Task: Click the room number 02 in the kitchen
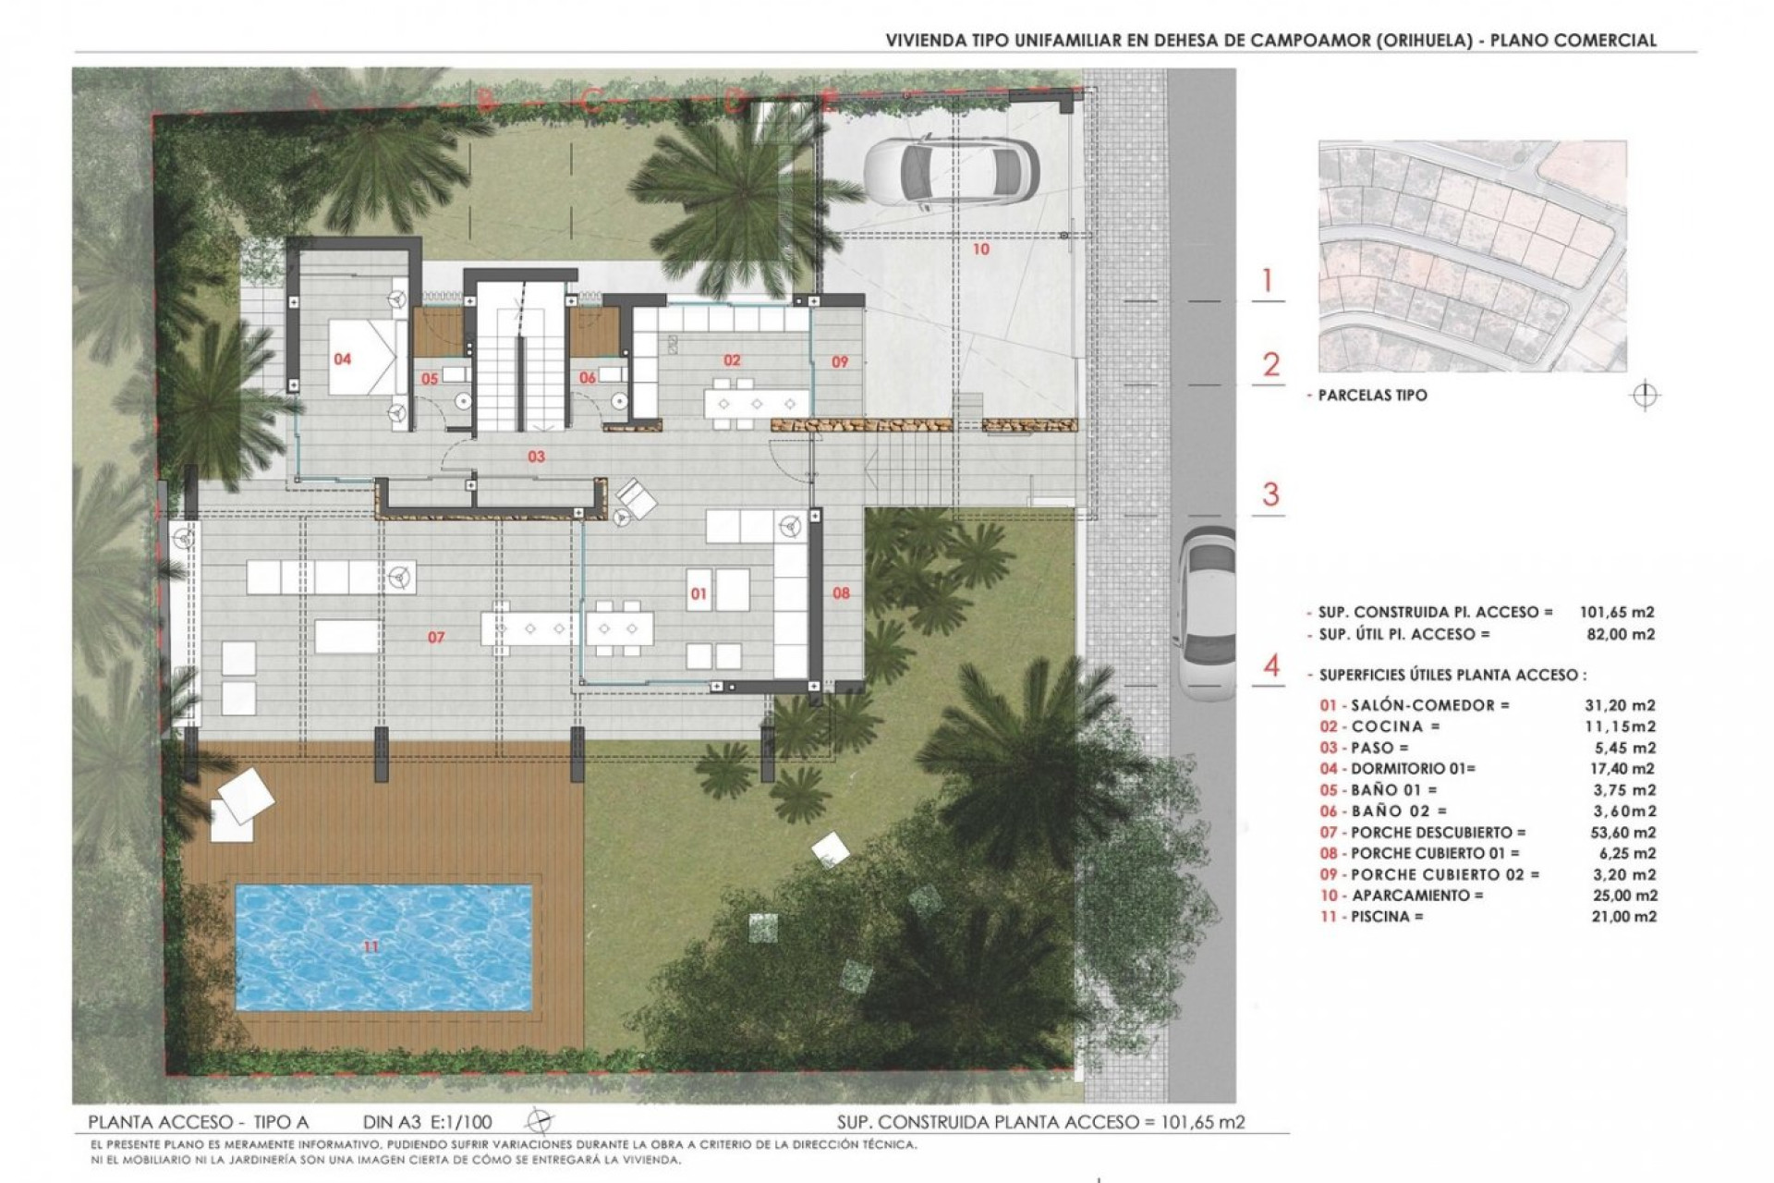click(x=732, y=360)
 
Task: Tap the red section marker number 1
click(x=1268, y=281)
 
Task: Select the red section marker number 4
click(x=1271, y=665)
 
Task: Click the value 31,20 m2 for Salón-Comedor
click(x=1619, y=705)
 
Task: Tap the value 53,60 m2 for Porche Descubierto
click(x=1619, y=833)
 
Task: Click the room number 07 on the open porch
click(x=436, y=638)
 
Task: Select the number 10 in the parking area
click(x=981, y=250)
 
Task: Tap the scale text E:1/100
click(x=459, y=1123)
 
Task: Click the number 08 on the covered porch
click(x=841, y=593)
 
